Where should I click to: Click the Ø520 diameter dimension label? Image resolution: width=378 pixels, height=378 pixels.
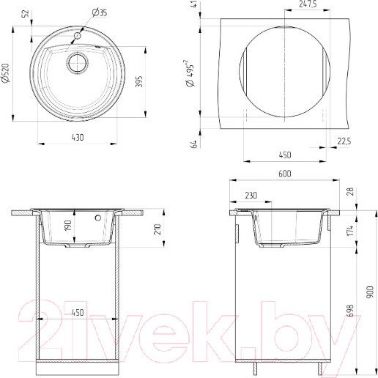(x=5, y=73)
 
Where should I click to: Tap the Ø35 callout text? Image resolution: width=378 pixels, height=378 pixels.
(x=100, y=12)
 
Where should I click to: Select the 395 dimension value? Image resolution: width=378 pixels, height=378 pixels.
(x=138, y=81)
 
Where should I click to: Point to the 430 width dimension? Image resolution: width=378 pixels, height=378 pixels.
(x=78, y=138)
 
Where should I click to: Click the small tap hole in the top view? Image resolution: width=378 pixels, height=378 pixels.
(x=78, y=36)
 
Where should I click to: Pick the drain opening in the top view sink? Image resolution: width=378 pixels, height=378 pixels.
(x=77, y=63)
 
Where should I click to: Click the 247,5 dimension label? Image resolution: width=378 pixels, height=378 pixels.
(x=308, y=4)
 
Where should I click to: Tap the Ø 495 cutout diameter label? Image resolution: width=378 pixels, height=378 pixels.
(x=190, y=73)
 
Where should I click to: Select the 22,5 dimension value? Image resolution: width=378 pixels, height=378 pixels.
(x=344, y=141)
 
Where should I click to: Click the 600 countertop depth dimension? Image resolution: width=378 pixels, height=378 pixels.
(x=285, y=174)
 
